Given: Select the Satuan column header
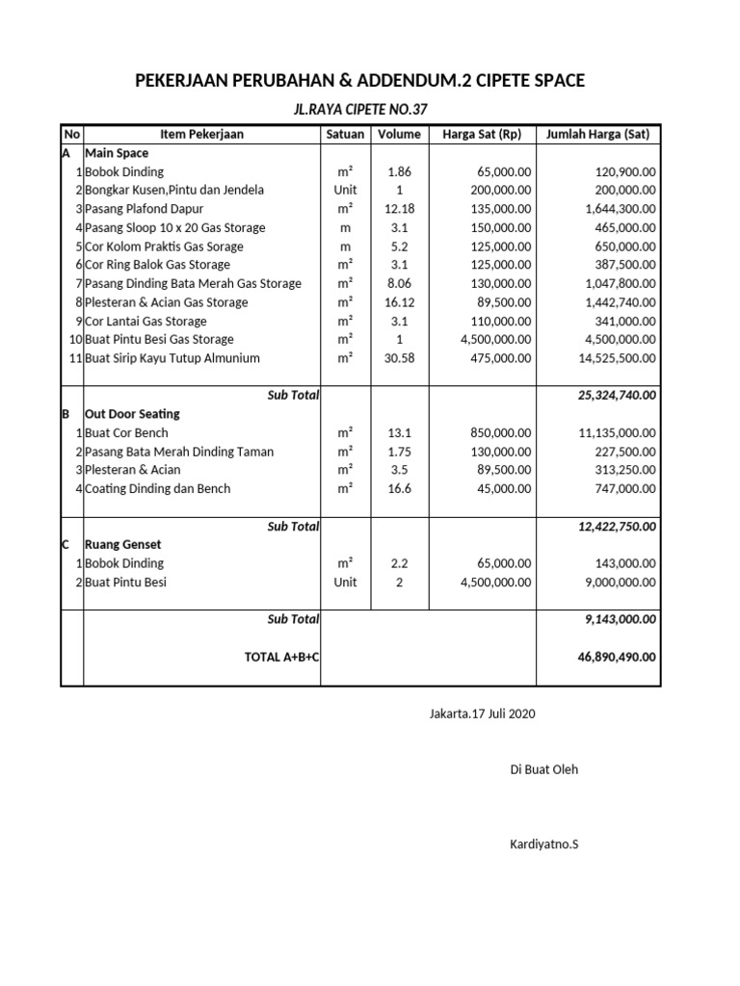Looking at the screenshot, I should [x=345, y=134].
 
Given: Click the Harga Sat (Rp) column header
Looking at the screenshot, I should [x=481, y=134].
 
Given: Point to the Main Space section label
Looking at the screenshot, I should [x=117, y=152].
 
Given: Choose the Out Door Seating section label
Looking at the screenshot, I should [x=133, y=414].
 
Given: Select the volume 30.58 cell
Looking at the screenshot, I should [x=399, y=358].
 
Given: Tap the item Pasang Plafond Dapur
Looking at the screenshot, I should [x=145, y=208].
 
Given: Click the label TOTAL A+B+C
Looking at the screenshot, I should [x=282, y=657].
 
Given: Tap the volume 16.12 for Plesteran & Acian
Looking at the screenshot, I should [x=399, y=302].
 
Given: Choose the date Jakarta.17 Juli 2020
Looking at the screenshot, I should [x=482, y=714].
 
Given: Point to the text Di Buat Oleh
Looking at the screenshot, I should [x=543, y=769].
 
